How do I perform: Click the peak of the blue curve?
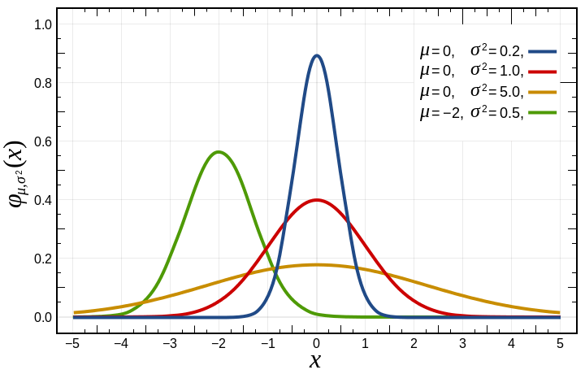click(x=316, y=55)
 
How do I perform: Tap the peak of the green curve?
click(x=218, y=152)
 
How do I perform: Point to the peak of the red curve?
click(x=316, y=200)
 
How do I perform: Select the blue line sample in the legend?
click(x=544, y=51)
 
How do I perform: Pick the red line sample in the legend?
click(x=544, y=72)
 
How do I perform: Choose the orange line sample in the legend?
click(x=544, y=92)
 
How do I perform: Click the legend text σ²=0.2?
click(x=495, y=51)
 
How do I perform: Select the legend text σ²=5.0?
click(x=495, y=92)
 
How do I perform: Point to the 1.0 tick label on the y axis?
click(x=43, y=25)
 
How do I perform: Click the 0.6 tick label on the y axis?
click(x=43, y=141)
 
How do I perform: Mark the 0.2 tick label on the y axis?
click(x=43, y=259)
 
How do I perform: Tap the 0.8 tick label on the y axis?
click(x=43, y=83)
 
